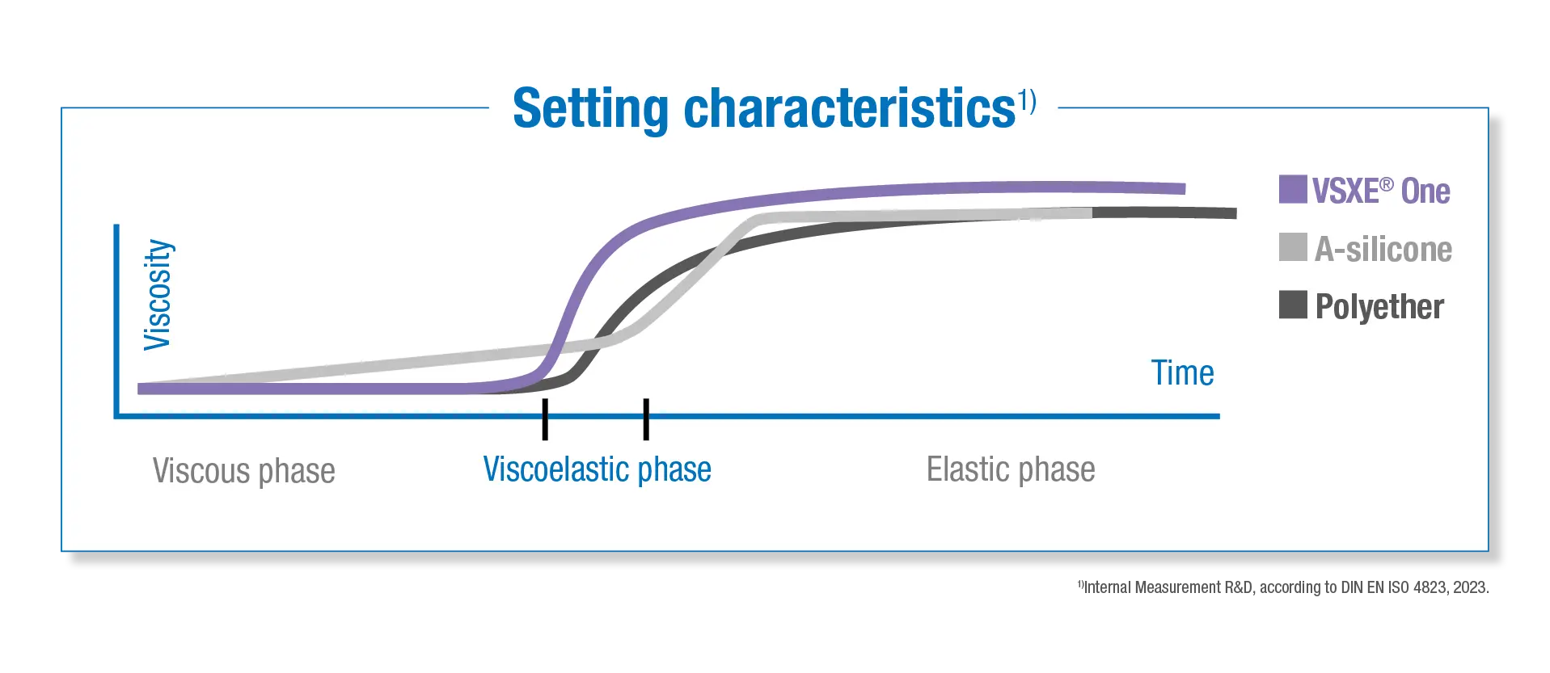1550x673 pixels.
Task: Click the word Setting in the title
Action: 591,108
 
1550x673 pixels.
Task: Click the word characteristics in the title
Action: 850,107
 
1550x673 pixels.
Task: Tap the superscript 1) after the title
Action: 1027,100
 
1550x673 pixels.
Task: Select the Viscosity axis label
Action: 158,295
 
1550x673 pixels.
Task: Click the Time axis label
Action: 1182,373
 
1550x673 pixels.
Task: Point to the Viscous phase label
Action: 243,471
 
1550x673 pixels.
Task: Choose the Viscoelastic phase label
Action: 597,469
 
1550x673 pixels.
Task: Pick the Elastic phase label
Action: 1011,469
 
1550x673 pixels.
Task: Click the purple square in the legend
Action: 1293,189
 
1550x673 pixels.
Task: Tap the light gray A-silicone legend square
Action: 1293,247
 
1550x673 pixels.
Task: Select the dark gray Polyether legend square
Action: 1293,305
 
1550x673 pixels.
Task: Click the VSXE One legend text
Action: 1381,191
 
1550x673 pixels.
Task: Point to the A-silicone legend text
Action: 1383,249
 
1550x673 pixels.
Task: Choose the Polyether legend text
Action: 1379,307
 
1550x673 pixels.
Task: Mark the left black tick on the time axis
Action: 545,419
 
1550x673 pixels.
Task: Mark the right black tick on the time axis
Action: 646,419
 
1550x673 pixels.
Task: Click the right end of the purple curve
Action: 1185,189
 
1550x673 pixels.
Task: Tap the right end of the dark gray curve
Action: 1235,213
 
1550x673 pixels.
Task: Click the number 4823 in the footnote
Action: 1430,587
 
